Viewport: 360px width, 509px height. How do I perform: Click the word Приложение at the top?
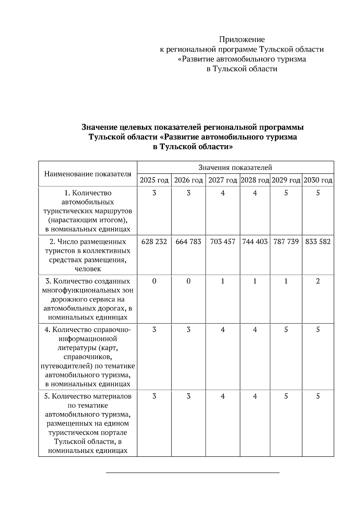pos(242,40)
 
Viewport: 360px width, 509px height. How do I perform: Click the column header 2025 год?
pos(154,180)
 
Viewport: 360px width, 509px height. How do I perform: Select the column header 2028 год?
pos(255,180)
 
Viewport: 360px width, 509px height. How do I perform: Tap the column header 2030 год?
pos(318,180)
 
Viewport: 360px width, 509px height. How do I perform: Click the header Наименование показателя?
pos(88,174)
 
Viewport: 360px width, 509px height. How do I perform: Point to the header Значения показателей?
pos(235,168)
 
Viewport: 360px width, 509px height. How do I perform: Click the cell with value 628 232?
pos(154,241)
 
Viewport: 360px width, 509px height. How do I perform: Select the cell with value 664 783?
pos(188,241)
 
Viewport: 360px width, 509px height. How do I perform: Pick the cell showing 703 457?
pos(223,241)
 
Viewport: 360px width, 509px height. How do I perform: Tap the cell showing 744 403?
pos(255,241)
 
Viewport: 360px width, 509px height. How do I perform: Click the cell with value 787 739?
pos(286,241)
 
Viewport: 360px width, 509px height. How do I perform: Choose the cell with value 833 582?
pos(318,241)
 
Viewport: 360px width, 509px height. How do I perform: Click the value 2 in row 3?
pos(318,281)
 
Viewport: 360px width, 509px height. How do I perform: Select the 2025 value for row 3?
pos(154,281)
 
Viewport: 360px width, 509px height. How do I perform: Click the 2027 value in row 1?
pos(223,193)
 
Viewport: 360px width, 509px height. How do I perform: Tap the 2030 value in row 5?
pos(318,396)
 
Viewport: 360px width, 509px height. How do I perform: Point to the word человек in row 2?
pos(88,269)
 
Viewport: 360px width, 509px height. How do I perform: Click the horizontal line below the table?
pos(193,473)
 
